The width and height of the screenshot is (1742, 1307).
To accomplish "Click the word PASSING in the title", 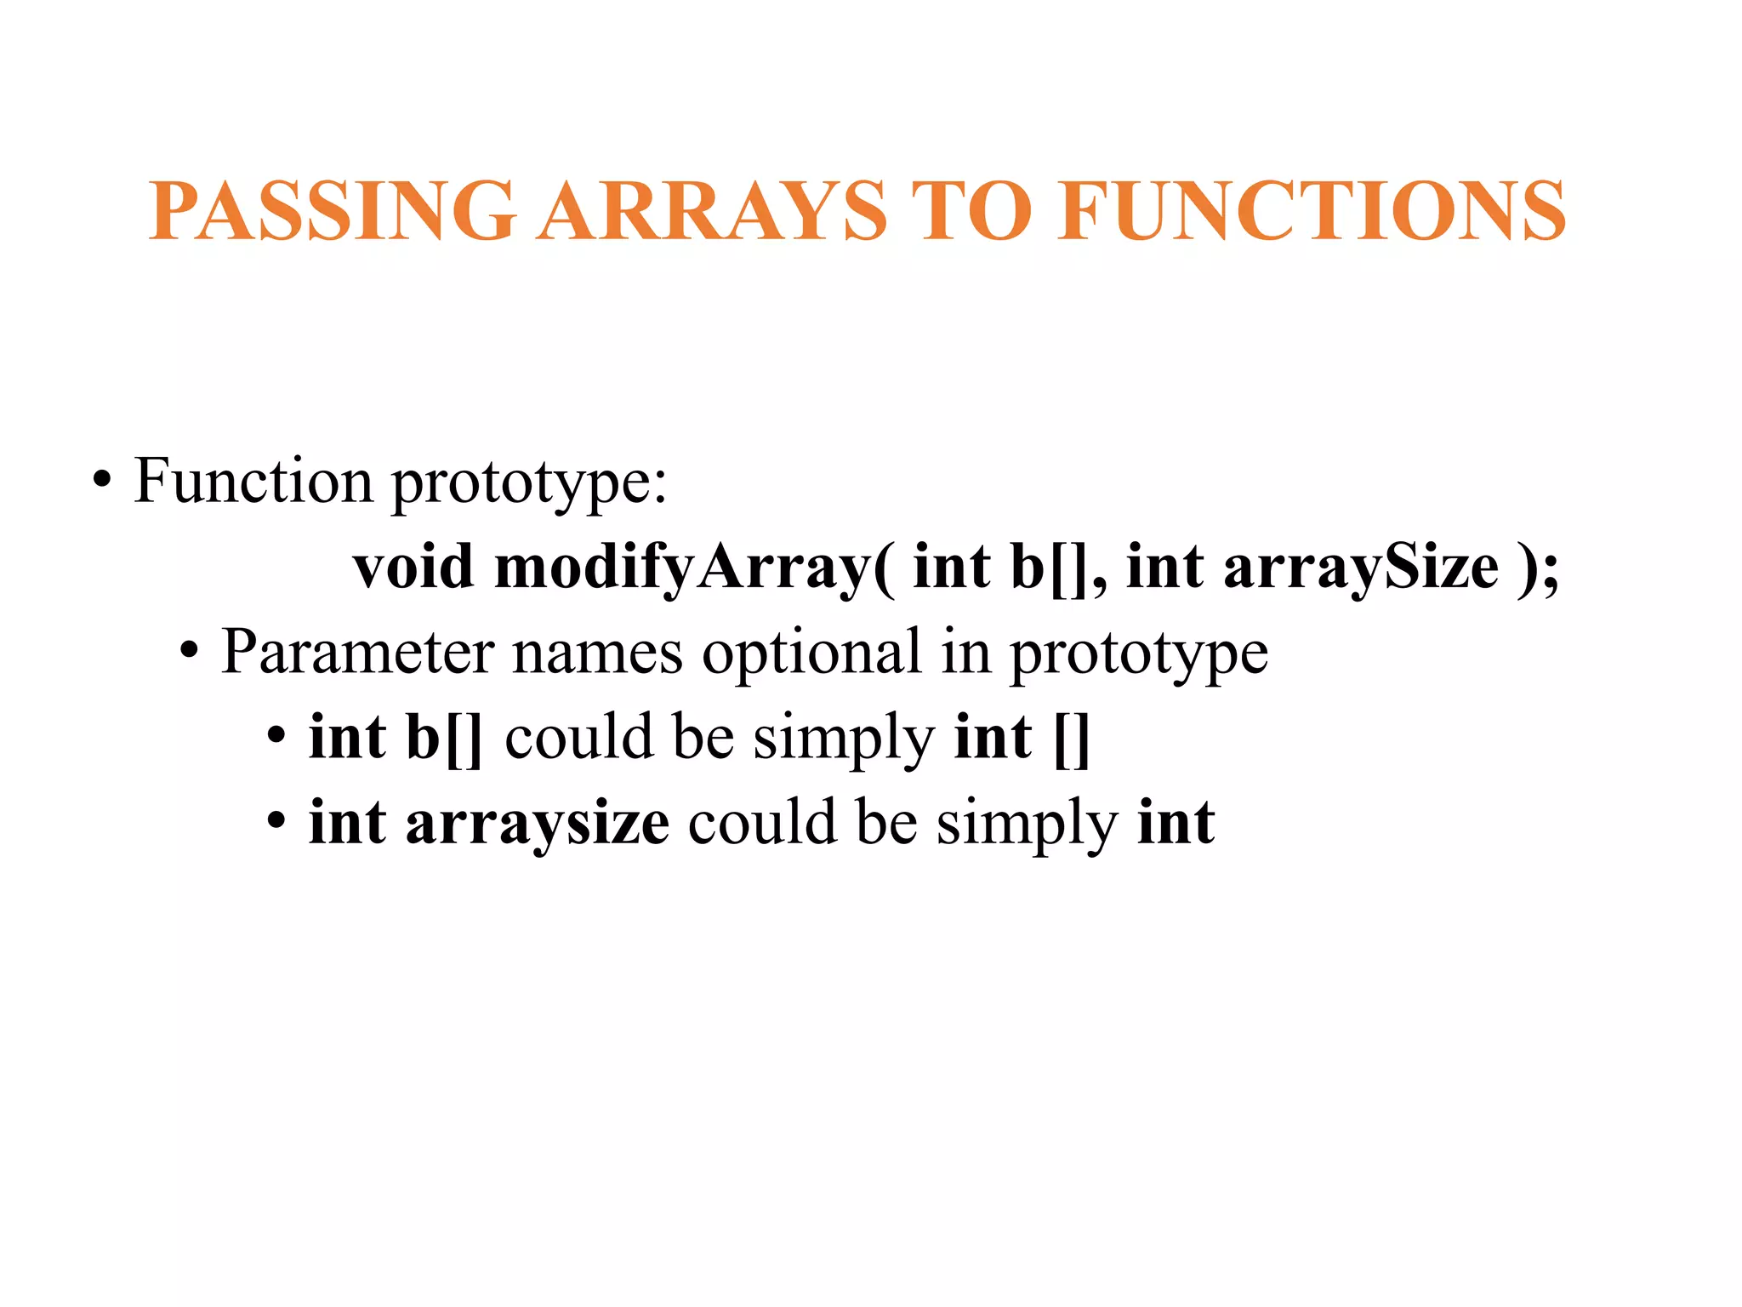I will [x=332, y=211].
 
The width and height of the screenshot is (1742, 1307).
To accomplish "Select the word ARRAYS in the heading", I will [x=714, y=211].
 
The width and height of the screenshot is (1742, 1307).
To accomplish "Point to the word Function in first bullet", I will [x=253, y=482].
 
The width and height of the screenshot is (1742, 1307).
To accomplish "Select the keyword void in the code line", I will [x=413, y=568].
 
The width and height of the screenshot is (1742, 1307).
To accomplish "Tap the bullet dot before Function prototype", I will [x=102, y=482].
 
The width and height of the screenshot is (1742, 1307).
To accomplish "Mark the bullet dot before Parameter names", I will [x=189, y=653].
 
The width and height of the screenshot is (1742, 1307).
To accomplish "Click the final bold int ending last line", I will [x=1176, y=823].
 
